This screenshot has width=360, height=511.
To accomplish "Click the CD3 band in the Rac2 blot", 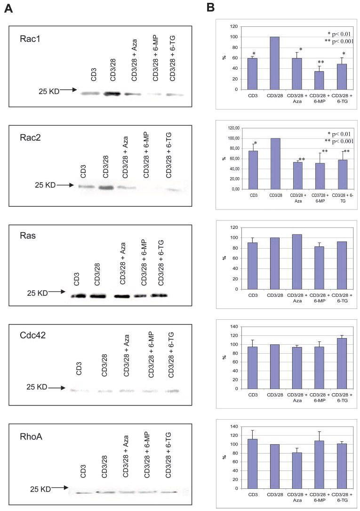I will (x=86, y=187).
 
